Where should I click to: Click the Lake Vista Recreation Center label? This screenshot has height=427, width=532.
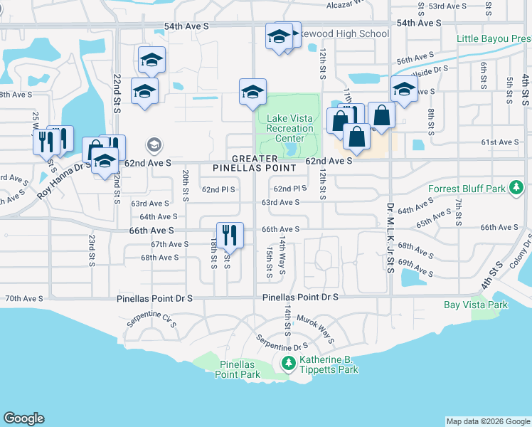[x=289, y=128]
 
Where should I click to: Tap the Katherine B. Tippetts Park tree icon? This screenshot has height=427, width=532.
[x=288, y=364]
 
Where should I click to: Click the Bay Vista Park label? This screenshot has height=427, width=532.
[x=476, y=305]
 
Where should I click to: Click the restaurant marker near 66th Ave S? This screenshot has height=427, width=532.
[x=230, y=235]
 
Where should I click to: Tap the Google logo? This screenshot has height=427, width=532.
[x=23, y=418]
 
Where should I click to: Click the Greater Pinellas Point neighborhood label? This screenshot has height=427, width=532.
[x=255, y=162]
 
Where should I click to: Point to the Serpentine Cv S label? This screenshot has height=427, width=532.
[x=151, y=318]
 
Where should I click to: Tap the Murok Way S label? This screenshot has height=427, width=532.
[x=316, y=329]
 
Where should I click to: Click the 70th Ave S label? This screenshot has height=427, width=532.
[x=24, y=299]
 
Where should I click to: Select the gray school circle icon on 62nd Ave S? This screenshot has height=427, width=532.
[x=153, y=146]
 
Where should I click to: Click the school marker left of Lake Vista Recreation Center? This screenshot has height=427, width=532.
[x=252, y=92]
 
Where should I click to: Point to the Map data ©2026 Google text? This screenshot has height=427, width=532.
[x=487, y=421]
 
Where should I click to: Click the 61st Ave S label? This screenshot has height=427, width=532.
[x=500, y=142]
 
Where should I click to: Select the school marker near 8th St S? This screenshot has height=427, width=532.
[x=404, y=90]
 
